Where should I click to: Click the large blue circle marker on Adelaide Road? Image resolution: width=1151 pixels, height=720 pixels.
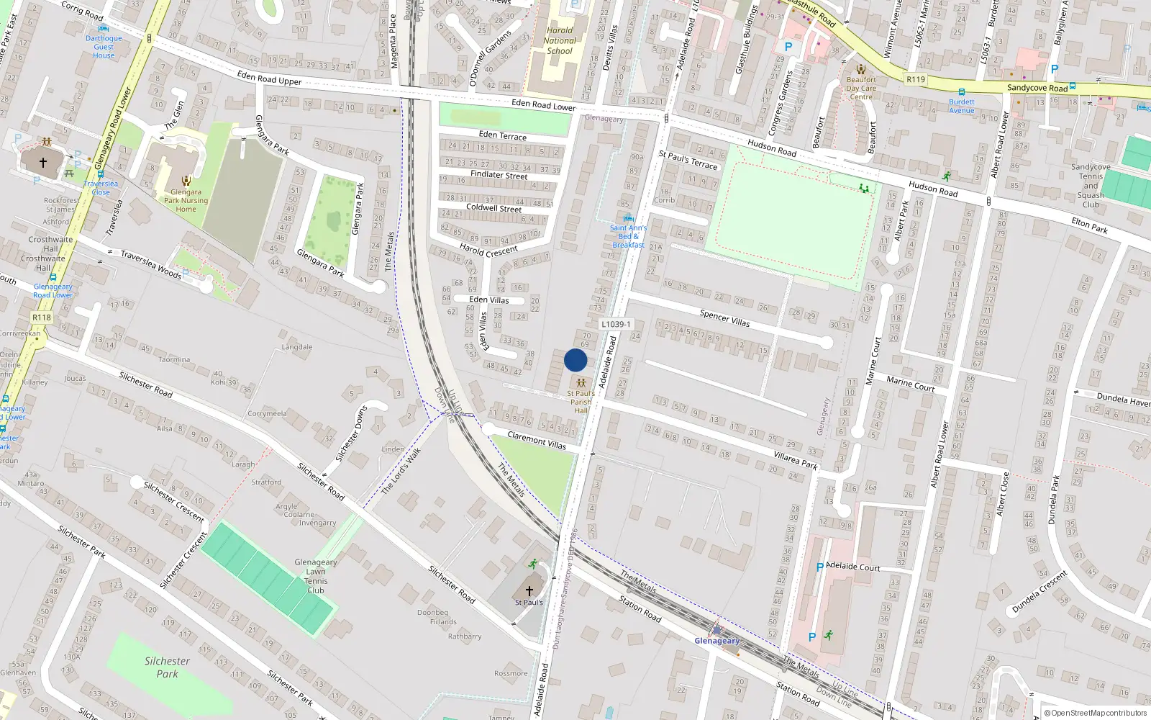coord(575,360)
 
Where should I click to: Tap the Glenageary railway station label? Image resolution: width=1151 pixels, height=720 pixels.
coord(716,640)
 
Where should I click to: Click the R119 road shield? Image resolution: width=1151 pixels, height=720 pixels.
coord(916,79)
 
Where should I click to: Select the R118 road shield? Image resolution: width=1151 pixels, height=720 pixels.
coord(42,318)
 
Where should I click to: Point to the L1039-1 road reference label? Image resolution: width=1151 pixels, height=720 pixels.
coord(616,324)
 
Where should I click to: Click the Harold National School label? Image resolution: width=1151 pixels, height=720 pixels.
coord(560,40)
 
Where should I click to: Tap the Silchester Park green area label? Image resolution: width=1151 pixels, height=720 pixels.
coord(167,667)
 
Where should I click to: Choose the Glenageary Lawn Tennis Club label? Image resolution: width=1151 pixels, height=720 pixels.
coord(316,576)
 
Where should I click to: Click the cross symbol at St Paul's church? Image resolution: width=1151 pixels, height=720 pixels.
coord(529,590)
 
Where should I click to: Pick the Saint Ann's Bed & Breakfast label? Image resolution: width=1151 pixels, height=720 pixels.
coord(628,236)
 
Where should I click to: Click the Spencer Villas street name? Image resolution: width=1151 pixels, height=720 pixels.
coord(724,318)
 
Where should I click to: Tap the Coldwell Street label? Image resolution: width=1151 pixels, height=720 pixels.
coord(493,208)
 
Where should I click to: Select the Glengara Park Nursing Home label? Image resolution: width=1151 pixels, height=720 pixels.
coord(186,201)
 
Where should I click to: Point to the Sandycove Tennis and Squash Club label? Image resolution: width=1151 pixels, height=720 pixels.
coord(1091,186)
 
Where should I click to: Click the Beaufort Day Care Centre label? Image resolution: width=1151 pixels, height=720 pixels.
coord(861,89)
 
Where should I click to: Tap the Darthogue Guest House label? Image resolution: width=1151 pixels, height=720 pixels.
coord(104,47)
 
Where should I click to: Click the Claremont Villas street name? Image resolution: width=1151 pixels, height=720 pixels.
coord(537,440)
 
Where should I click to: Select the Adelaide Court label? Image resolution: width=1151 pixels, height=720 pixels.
coord(853,567)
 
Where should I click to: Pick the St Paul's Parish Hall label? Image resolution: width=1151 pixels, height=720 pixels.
coord(581,402)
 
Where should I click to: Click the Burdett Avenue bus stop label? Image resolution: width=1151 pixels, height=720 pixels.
coord(961,106)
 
